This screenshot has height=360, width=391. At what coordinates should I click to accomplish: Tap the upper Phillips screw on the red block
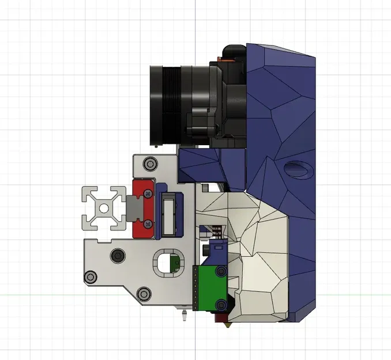149,195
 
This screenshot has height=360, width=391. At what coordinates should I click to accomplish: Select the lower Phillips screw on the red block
149,222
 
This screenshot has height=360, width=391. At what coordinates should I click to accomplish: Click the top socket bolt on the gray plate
151,164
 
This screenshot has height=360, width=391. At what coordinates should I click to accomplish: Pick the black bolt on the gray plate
119,255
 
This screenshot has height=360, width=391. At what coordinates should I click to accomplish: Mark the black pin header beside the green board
195,288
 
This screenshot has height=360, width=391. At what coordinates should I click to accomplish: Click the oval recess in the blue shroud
298,169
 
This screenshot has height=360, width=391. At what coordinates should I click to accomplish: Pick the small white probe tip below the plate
183,316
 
